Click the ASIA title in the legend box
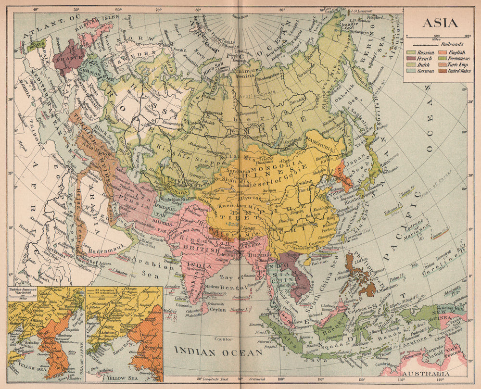[x=440, y=23]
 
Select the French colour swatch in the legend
[x=412, y=58]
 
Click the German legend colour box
[x=412, y=71]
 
